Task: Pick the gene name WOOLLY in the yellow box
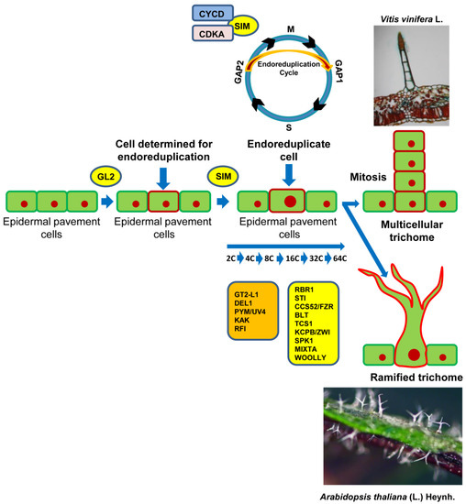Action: coord(307,356)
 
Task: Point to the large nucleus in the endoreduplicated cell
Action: coord(288,201)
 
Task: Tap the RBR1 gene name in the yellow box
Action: coord(302,290)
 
